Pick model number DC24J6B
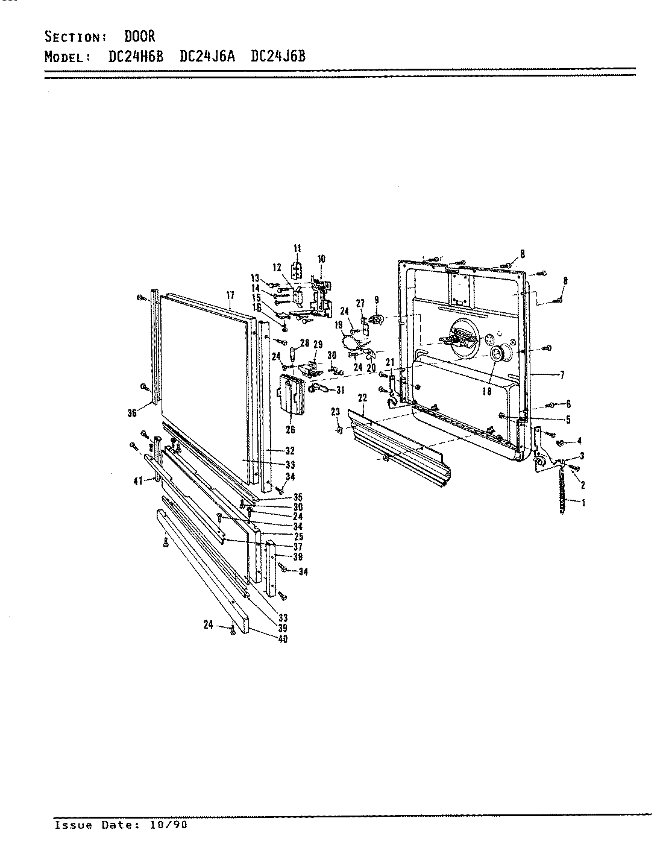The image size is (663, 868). point(278,57)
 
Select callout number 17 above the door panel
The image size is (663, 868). point(230,295)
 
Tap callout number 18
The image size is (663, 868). point(486,391)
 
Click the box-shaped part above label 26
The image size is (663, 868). point(290,394)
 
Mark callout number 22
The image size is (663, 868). point(362,397)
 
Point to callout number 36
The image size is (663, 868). point(132,413)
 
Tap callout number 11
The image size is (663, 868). point(297,248)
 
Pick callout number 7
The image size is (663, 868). point(562,375)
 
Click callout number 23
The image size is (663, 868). point(336,412)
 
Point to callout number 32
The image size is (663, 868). point(289,451)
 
